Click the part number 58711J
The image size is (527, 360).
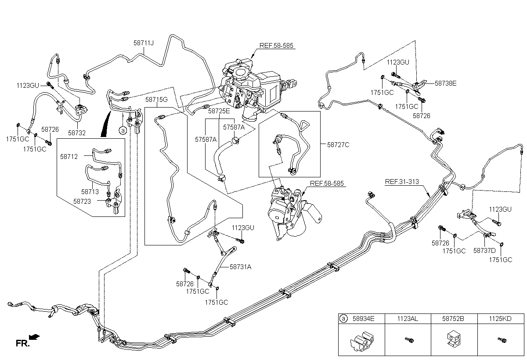[144, 43]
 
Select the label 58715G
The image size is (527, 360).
[156, 100]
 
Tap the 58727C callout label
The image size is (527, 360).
[338, 145]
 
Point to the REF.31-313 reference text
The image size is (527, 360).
[402, 182]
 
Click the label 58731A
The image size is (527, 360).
[241, 267]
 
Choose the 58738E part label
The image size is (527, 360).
[446, 83]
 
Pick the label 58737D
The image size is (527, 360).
[484, 251]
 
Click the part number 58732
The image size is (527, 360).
[77, 133]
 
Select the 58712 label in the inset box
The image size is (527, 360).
[69, 157]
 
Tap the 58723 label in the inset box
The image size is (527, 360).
[82, 202]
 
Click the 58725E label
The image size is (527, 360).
[219, 111]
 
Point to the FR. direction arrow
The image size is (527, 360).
[35, 337]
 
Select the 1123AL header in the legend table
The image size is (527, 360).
[408, 319]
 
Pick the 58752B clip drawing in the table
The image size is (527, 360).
[454, 338]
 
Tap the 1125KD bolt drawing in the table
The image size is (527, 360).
[502, 340]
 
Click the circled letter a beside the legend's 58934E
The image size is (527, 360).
[343, 319]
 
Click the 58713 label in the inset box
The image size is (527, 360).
[90, 192]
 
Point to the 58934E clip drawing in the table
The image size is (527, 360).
[362, 342]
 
